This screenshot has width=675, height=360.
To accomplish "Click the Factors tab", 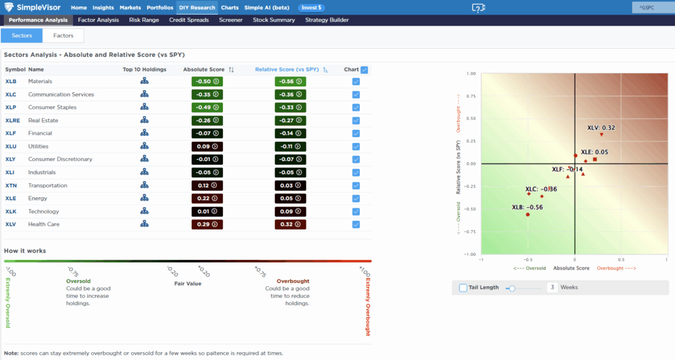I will click(63, 36).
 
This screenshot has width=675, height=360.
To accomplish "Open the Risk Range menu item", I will click(144, 20).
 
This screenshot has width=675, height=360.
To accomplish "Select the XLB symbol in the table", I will click(11, 81).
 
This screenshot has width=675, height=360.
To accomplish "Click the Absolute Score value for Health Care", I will click(207, 224).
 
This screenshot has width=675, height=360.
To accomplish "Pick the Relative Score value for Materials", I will click(290, 81).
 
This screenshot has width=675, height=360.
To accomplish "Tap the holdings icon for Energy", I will click(144, 198).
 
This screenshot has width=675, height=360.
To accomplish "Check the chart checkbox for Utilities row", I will click(356, 146).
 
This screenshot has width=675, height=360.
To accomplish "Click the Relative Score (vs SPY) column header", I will click(287, 69).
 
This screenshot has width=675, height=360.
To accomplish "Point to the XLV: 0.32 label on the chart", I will click(601, 128).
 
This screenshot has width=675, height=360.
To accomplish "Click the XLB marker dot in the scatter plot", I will click(528, 214).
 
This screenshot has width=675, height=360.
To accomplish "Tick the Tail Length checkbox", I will click(463, 287).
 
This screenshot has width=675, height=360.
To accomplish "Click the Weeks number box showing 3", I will click(552, 287).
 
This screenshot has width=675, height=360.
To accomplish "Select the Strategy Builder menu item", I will click(327, 20).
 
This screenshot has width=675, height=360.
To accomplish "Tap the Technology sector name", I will click(44, 212).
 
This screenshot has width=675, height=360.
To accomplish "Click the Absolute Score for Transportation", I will click(207, 185).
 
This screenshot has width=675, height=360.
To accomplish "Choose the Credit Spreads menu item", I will click(190, 20).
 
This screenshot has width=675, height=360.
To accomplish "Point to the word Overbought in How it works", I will click(293, 281).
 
